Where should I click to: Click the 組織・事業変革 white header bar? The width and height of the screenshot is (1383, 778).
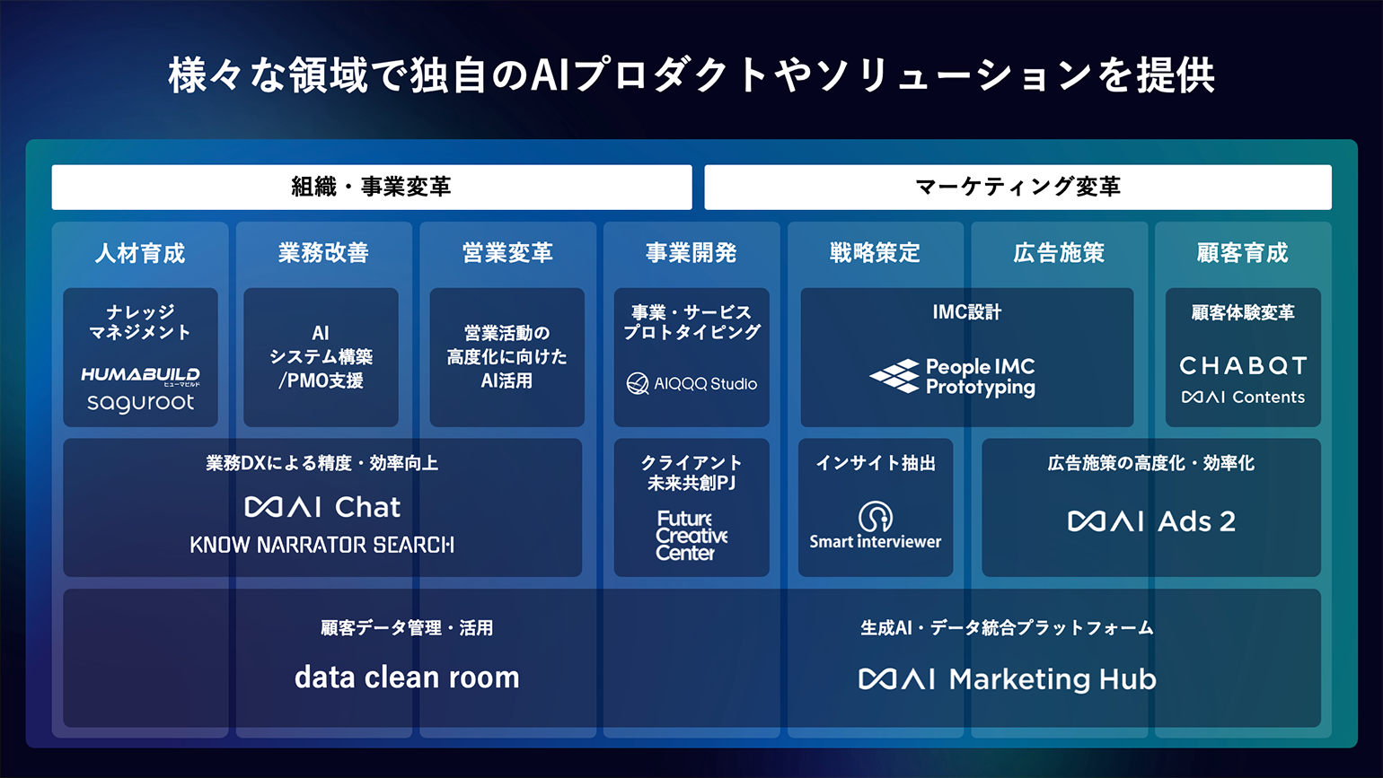372,187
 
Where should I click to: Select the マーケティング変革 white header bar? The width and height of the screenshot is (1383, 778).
1017,187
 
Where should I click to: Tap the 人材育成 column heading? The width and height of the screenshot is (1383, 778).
139,253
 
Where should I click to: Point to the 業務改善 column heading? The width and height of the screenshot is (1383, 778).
323,253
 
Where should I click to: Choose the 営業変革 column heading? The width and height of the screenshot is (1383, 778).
507,253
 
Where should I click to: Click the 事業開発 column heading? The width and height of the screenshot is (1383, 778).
691,253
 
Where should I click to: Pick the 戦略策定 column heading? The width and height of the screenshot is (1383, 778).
875,253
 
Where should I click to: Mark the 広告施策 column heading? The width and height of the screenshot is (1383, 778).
1058,253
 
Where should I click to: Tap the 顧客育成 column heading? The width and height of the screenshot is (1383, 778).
1242,253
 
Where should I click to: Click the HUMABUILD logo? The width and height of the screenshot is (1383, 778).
140,375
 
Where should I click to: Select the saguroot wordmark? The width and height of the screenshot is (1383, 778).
140,403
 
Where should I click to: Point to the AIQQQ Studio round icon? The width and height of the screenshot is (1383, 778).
638,383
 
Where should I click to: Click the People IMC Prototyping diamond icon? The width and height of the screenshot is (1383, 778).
894,376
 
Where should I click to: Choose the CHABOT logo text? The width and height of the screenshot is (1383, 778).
1243,366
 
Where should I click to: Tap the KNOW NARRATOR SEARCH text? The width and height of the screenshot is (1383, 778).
322,544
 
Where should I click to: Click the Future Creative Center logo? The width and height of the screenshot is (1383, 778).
691,535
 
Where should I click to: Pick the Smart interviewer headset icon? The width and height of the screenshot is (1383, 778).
875,516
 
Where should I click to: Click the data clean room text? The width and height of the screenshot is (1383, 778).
407,677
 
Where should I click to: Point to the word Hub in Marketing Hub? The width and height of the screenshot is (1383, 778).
1127,679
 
